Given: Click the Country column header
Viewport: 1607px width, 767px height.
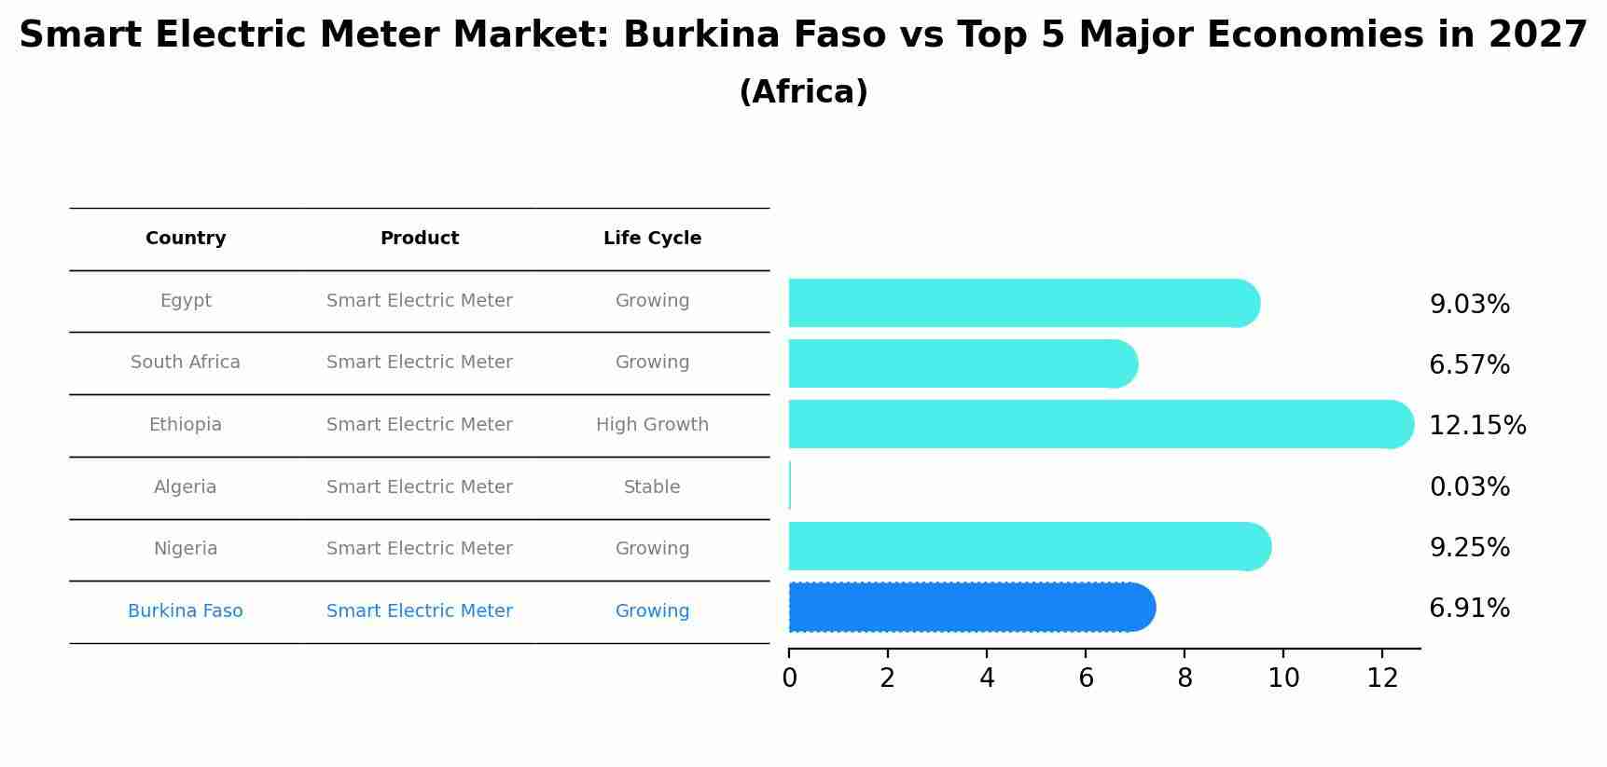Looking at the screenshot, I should (186, 239).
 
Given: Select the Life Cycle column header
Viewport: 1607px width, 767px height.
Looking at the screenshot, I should (652, 239).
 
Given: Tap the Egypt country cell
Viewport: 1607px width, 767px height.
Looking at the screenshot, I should (186, 301).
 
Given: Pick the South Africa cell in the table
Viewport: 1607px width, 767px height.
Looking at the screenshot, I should (186, 363).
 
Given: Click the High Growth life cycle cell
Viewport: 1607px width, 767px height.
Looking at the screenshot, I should (652, 425).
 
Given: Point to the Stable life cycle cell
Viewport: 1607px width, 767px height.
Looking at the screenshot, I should (652, 487).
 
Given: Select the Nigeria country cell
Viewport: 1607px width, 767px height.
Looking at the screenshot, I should (186, 549).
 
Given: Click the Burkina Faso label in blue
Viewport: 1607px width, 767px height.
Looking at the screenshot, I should (186, 611).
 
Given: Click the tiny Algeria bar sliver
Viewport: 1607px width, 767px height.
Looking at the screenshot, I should (790, 486).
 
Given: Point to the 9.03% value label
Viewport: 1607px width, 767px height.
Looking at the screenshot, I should (1469, 305).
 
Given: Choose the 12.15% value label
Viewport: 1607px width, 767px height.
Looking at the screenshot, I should (1477, 426).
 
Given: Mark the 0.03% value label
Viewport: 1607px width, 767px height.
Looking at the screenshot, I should (1469, 487).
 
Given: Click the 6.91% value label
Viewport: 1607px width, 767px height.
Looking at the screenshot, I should (1469, 609).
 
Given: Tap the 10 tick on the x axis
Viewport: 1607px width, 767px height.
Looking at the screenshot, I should (1283, 678).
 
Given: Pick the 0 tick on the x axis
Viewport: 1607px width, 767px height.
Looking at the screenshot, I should (790, 678).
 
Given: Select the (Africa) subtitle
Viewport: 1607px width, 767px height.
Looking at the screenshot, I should (803, 92).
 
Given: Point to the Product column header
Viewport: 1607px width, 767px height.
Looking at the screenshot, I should (420, 239).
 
